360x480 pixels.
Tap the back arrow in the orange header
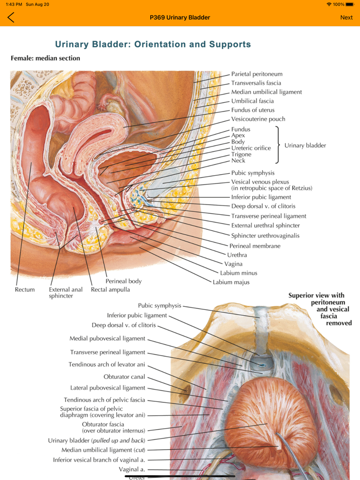[11, 17]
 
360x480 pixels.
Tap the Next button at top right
[346, 17]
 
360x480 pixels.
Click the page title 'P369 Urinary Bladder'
[179, 17]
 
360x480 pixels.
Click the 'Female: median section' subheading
[45, 58]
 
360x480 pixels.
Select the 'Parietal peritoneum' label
[257, 74]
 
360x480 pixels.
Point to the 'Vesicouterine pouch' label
[258, 119]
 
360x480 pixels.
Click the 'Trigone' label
[241, 154]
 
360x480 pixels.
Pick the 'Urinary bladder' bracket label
[305, 145]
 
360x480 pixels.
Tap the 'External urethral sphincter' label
[265, 226]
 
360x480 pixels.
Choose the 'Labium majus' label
[231, 282]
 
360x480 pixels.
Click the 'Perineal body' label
[123, 281]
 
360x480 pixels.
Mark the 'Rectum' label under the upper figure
[25, 290]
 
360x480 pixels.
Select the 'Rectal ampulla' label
[110, 290]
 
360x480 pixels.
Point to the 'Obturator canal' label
[124, 377]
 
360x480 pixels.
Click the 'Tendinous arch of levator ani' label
[107, 364]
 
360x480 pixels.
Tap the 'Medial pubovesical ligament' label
[107, 339]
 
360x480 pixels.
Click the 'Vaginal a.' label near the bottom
[132, 469]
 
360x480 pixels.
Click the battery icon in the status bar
[350, 4]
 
